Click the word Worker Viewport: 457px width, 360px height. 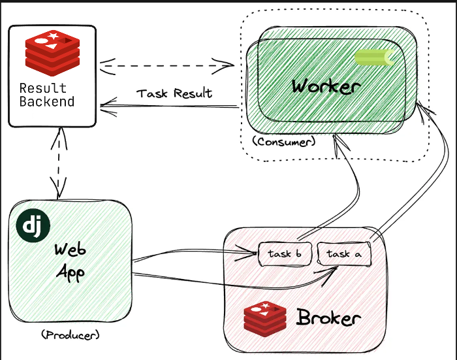click(x=326, y=86)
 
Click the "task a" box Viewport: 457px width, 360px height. click(x=343, y=254)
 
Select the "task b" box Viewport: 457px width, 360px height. click(x=285, y=254)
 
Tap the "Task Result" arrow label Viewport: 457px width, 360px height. click(x=174, y=93)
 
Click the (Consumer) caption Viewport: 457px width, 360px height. click(x=283, y=140)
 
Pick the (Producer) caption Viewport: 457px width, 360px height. click(x=70, y=335)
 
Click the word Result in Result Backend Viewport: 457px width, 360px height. click(x=43, y=88)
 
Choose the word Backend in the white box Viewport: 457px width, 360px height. click(x=47, y=101)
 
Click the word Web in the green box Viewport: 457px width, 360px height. click(x=71, y=250)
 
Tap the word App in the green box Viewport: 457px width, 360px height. click(x=71, y=270)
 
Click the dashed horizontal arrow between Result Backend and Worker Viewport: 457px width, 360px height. click(x=168, y=65)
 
